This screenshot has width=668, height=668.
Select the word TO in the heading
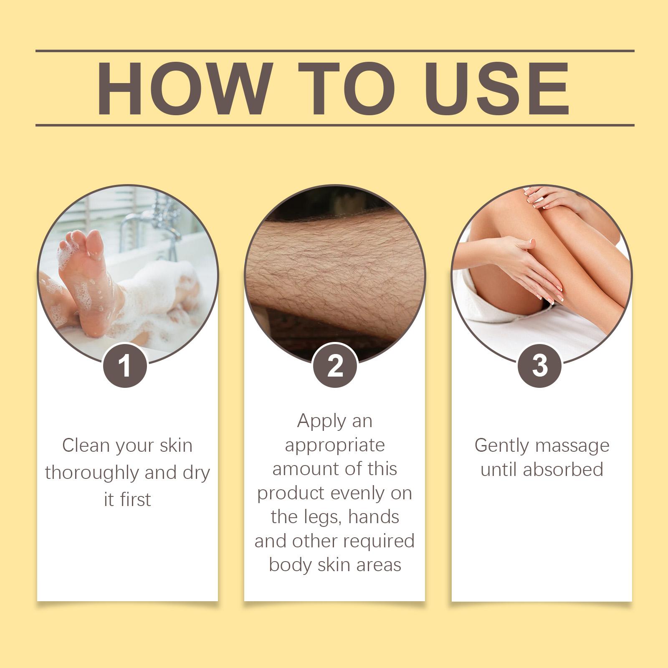(341, 89)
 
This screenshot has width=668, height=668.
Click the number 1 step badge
(125, 365)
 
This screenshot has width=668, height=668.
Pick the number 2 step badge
(335, 365)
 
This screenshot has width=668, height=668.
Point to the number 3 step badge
(540, 365)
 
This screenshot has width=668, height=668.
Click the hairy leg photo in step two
(335, 276)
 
